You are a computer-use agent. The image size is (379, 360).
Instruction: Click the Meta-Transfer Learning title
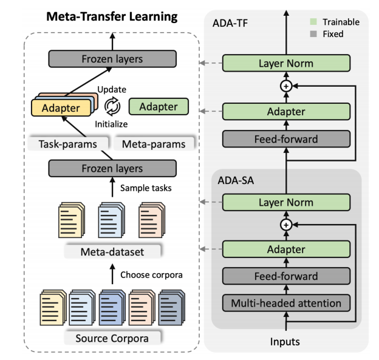113,15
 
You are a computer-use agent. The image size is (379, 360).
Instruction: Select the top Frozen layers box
113,59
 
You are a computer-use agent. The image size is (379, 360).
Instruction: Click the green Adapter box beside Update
159,107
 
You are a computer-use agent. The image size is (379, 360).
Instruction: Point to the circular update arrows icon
113,107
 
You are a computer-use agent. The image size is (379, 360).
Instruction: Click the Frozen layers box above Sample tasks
113,168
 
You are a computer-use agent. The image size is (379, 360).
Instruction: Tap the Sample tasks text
146,188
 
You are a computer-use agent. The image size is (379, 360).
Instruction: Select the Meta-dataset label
113,251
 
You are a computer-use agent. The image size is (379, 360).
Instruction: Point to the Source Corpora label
113,337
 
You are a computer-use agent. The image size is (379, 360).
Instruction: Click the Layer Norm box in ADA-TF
285,63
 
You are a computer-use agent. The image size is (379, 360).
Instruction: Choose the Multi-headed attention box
285,302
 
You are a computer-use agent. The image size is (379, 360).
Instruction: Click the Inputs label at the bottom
285,341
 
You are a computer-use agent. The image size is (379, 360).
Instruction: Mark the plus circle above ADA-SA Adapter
285,225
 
